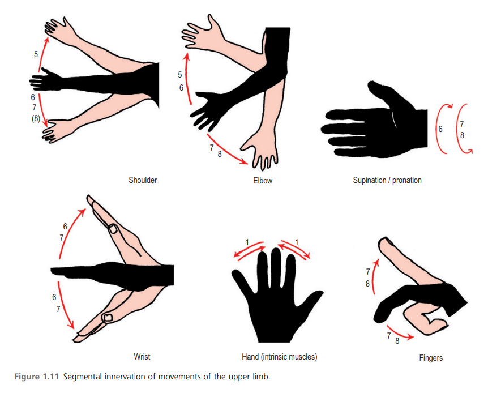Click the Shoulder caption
[143, 180]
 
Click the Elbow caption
[262, 181]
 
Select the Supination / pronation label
[387, 181]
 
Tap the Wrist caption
[142, 357]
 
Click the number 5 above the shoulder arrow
[36, 54]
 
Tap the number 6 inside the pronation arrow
[440, 129]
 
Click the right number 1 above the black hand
[298, 242]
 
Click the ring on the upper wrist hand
[113, 229]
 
